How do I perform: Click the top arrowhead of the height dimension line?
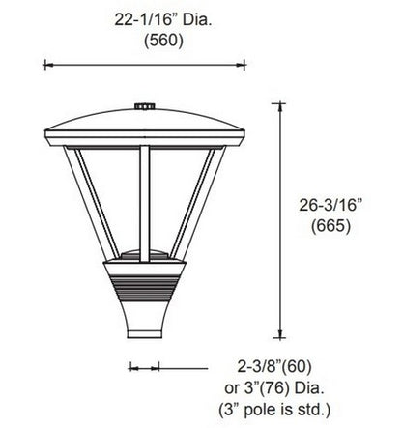tap(281, 109)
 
